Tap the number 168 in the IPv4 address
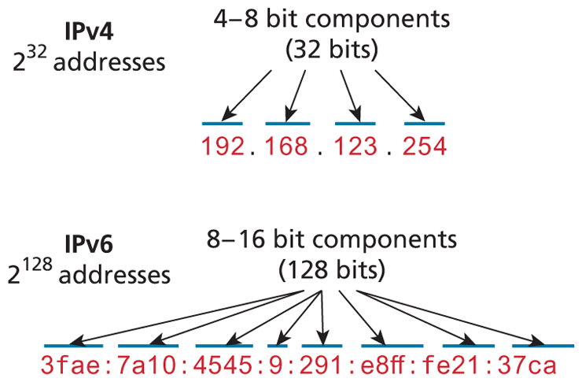tap(286, 146)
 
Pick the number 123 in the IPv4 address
tap(356, 146)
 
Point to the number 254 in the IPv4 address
tap(425, 146)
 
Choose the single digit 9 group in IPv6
tap(277, 365)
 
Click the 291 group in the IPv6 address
tap(322, 365)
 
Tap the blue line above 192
tap(222, 124)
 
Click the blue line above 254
tap(425, 124)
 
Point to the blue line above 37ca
tap(541, 345)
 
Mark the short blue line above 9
tap(278, 345)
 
